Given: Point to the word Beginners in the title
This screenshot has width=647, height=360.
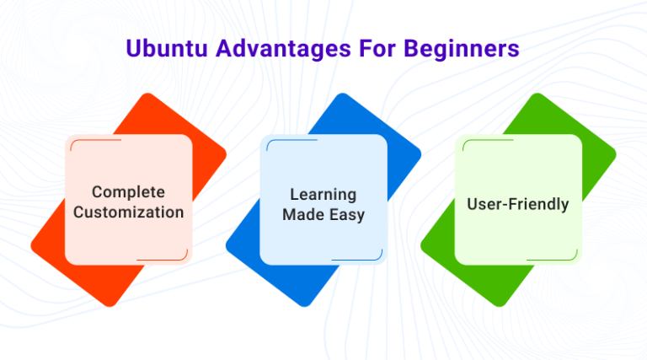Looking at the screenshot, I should click(464, 49).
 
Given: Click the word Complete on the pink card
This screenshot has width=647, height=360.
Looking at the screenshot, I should click(128, 192).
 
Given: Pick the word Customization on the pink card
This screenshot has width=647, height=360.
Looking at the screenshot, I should click(128, 212).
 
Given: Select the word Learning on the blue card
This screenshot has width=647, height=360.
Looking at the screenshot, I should click(323, 195).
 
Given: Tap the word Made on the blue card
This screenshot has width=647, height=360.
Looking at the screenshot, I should click(302, 215).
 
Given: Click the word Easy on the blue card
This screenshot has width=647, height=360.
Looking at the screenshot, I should click(346, 215).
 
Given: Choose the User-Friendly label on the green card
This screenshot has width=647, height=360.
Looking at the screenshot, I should click(518, 204).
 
